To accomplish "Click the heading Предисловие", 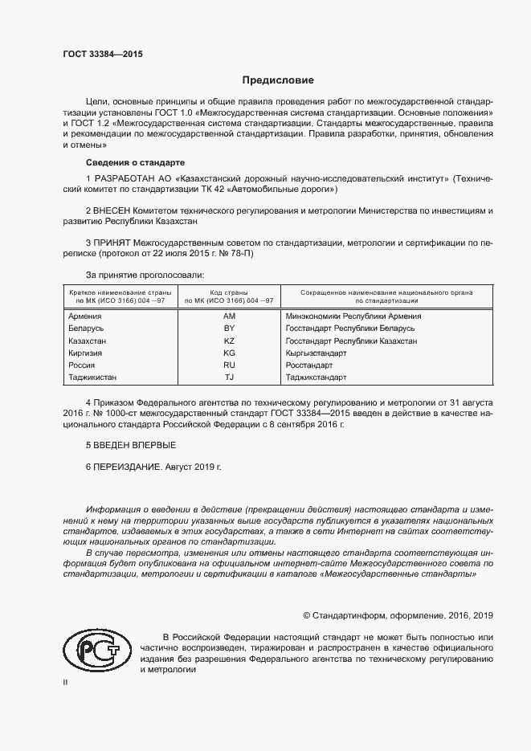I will pos(279,80).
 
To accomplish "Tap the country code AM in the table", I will pos(229,316).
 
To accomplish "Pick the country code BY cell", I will pos(229,329).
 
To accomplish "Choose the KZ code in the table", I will pos(229,341).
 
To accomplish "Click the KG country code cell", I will pos(229,353).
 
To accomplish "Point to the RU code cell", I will pos(229,365).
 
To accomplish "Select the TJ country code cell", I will pos(229,378).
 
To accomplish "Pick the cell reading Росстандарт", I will pos(309,365).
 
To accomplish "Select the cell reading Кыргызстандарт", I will pos(316,353).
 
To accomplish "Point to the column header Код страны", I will pos(229,292).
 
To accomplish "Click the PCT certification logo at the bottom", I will pos(95,647).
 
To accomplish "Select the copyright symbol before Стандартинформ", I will pos(307,615).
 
